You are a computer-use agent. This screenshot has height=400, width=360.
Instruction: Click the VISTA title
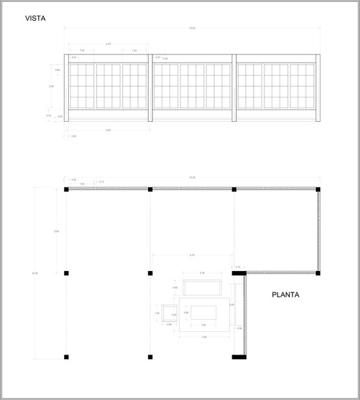pos(36,19)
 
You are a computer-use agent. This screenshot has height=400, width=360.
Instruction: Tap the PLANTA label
pos(285,295)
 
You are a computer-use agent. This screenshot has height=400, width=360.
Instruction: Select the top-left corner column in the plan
pos(66,189)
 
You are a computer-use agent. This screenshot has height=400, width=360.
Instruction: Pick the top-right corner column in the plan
pos(318,189)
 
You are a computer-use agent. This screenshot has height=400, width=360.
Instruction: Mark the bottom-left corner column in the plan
pos(66,357)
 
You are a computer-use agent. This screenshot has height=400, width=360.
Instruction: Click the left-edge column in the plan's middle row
pos(66,273)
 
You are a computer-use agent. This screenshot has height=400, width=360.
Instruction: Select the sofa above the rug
pos(202,287)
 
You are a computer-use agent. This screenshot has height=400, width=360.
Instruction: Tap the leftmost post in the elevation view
pos(67,88)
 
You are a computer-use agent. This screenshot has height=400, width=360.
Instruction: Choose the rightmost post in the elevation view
pos(318,88)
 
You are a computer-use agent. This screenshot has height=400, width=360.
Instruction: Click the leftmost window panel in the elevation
pos(82,86)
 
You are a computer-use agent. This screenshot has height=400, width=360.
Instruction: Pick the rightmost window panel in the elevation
pos(302,86)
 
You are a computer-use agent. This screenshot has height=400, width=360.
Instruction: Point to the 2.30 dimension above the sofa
pos(202,273)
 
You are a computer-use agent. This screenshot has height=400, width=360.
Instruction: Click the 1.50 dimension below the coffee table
pos(203,325)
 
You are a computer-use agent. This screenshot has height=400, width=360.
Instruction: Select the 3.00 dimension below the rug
pos(204,337)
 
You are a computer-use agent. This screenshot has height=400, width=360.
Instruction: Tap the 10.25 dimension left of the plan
pos(34,273)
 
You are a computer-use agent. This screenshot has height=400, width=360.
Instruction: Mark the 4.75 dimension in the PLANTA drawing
pos(192,255)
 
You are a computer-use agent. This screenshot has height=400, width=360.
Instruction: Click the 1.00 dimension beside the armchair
pos(157,313)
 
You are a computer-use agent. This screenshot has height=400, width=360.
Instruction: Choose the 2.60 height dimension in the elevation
pos(51,86)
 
